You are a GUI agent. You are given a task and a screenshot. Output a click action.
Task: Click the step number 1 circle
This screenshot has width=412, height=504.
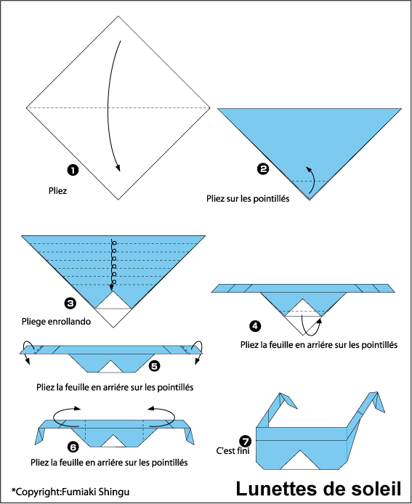coord(73,170)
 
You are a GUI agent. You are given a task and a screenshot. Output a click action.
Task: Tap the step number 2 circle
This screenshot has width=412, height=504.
coord(263,168)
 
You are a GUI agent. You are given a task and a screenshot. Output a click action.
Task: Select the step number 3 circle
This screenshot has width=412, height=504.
coord(70,303)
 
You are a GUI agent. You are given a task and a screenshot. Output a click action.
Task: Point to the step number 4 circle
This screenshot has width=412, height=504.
coord(255,326)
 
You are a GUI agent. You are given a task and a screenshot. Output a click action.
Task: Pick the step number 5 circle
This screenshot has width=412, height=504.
coord(154,366)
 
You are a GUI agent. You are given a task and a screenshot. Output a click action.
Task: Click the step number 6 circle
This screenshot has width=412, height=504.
coord(73,447)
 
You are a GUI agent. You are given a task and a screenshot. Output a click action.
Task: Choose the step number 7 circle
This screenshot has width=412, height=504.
coord(245,441)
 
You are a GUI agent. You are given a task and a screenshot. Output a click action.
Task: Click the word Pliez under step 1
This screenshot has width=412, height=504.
coord(58,191)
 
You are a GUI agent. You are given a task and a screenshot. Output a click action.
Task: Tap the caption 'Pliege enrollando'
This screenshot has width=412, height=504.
coord(56,322)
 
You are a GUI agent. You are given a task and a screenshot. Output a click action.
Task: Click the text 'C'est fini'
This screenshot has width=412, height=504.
coord(233,451)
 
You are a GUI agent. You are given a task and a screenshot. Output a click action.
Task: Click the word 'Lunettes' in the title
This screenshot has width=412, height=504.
coord(275,489)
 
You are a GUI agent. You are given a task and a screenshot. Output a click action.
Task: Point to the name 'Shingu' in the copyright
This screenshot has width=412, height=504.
coord(114,492)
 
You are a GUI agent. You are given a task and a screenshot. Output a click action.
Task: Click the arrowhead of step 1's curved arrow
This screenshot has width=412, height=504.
coord(118,168)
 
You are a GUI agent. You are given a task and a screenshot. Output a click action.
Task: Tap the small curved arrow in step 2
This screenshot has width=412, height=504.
coord(311,182)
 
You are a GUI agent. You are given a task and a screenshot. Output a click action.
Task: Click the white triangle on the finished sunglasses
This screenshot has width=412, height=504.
coord(300,460)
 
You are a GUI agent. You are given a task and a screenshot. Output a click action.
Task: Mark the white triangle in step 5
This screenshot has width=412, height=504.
coord(111,367)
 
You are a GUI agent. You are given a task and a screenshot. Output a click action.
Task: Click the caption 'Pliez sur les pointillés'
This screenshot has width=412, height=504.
coord(248,199)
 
